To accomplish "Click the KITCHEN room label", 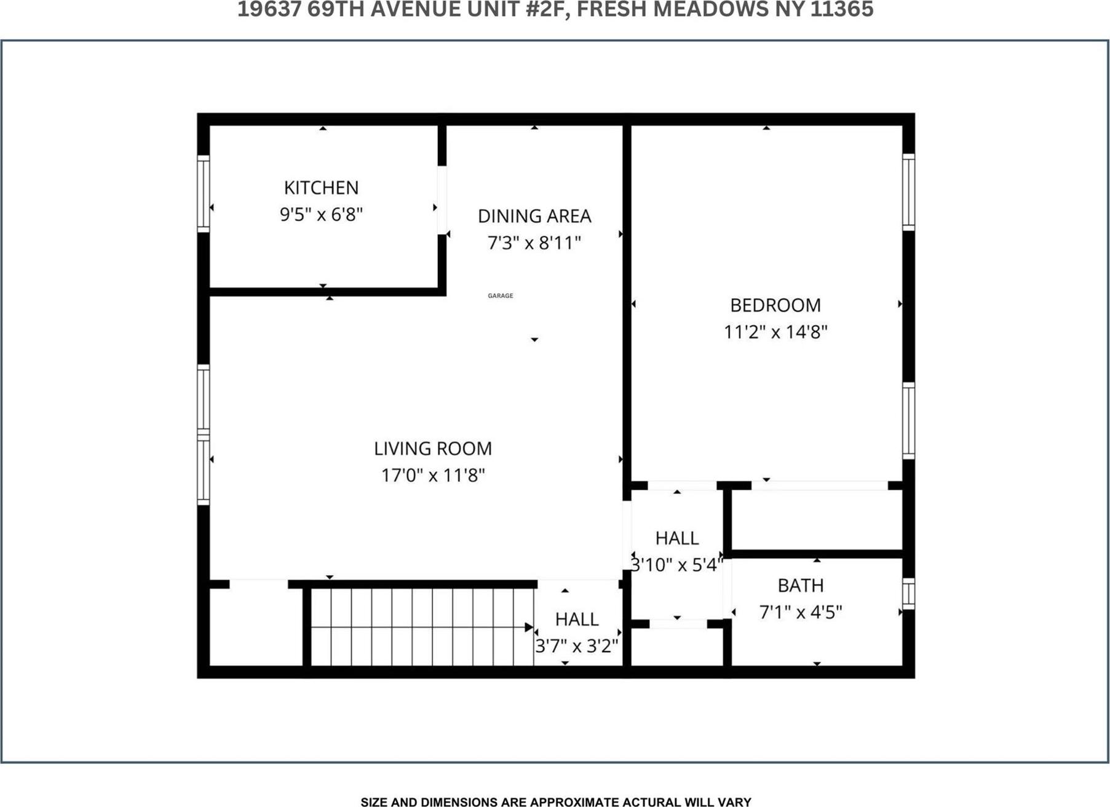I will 321,187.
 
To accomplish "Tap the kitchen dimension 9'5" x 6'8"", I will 321,215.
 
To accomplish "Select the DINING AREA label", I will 534,216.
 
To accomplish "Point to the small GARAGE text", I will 500,296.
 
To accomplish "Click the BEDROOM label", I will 775,305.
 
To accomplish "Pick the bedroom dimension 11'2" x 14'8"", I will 775,333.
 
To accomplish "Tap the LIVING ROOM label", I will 433,449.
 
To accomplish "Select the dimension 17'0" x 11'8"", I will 433,476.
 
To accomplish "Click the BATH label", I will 800,586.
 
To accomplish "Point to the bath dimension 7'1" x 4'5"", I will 800,613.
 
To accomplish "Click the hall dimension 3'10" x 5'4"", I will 676,565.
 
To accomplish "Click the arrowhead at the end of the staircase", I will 528,627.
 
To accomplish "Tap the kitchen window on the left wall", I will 203,194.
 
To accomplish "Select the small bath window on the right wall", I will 908,594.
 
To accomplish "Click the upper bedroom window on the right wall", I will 908,192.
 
